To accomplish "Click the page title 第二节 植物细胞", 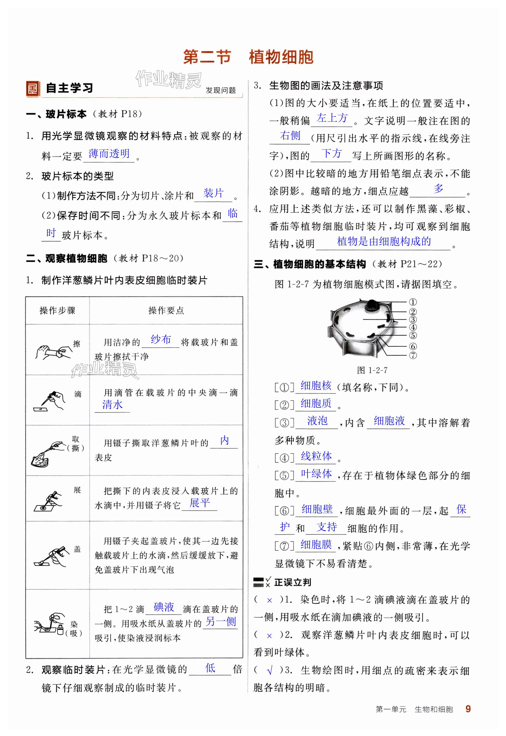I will [x=248, y=57].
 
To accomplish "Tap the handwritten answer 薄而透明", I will [x=109, y=154].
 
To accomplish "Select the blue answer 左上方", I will [x=332, y=118].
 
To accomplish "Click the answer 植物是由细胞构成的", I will [x=384, y=242].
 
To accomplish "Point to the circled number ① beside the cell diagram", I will [x=412, y=302].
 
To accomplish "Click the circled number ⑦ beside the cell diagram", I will [x=412, y=355].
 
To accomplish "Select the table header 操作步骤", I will [x=57, y=311].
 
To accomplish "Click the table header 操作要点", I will [x=166, y=311].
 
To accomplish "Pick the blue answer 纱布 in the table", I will [x=161, y=340].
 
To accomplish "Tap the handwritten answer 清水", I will [x=112, y=405].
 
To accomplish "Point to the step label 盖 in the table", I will [x=77, y=549].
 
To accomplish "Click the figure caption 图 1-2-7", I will [x=372, y=370].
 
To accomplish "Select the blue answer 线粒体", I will [x=316, y=456].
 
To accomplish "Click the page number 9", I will [x=468, y=708].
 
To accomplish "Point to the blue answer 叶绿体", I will [x=316, y=474].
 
